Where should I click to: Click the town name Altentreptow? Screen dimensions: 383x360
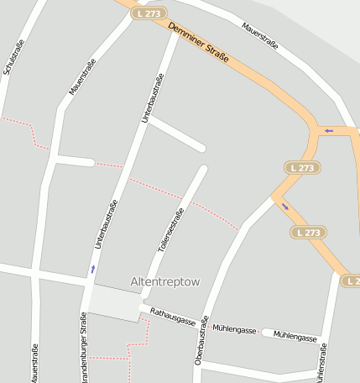pos(165,282)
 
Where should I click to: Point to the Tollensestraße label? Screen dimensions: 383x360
pos(170,231)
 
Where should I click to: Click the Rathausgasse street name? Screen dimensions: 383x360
pos(172,317)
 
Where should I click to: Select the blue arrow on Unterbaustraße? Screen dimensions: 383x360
pos(92,270)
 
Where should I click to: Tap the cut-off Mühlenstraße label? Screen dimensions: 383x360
pos(321,361)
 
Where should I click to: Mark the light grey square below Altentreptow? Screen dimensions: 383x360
pos(114,303)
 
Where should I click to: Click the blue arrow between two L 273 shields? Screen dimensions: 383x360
pos(285,207)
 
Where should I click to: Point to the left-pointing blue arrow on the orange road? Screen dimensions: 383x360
pos(328,130)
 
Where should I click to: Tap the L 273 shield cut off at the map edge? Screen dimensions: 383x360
pos(351,280)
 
